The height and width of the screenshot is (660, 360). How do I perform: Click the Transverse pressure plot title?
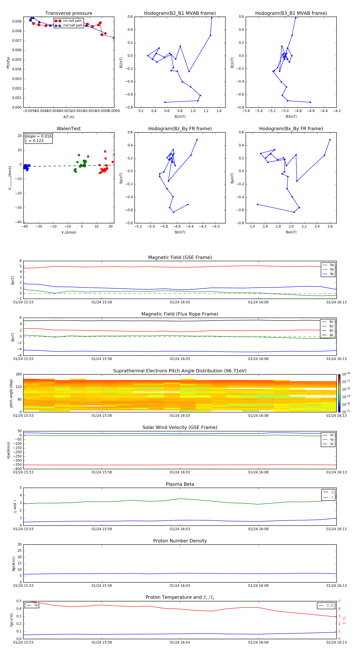[x=69, y=13]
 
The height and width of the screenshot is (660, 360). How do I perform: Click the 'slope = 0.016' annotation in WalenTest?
[x=38, y=136]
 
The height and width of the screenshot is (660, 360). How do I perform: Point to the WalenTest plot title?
[x=69, y=129]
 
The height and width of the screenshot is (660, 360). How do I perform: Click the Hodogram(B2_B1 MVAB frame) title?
[x=180, y=13]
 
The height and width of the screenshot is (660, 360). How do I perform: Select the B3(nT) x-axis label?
[x=291, y=117]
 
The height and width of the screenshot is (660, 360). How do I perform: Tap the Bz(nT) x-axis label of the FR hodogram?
[x=180, y=232]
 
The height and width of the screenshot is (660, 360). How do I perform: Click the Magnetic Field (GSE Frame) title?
[x=180, y=257]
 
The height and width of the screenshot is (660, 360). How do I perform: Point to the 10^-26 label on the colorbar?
[x=346, y=374]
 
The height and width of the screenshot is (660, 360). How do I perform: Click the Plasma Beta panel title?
[x=180, y=484]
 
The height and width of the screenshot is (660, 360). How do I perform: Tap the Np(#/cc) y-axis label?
[x=14, y=564]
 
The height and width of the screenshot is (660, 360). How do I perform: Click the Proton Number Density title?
[x=180, y=541]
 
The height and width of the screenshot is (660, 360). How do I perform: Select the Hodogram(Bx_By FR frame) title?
[x=291, y=129]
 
